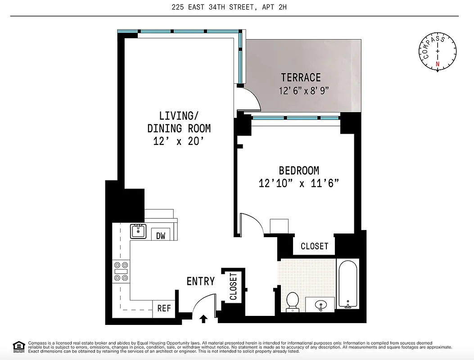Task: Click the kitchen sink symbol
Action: click(138, 231)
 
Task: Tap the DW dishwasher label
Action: click(160, 235)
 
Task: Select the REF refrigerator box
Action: click(164, 308)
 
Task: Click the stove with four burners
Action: click(121, 271)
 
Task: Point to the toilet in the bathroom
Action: click(293, 301)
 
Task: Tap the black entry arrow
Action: click(203, 319)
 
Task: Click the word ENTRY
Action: click(200, 282)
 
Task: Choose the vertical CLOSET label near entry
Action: click(233, 286)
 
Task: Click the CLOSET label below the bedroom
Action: click(314, 246)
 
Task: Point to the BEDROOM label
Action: click(299, 171)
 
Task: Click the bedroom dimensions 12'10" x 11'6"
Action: click(298, 183)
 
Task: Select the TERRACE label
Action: click(301, 77)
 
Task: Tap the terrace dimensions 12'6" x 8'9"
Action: click(304, 90)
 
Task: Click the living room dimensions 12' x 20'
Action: click(179, 141)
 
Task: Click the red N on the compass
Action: click(437, 64)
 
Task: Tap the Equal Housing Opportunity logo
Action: click(19, 346)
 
